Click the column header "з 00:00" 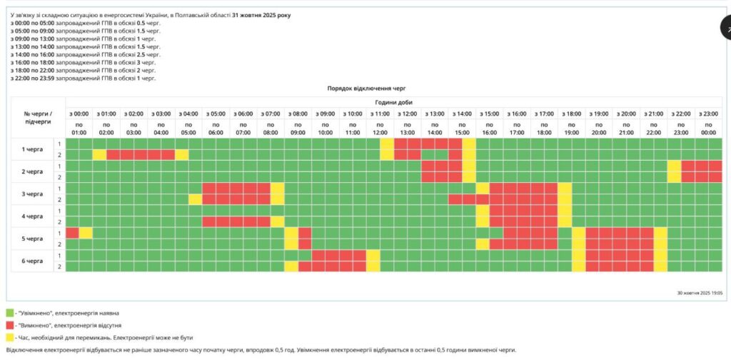[79, 114]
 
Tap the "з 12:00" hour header [407, 114]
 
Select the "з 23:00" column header [708, 114]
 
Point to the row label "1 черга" [34, 149]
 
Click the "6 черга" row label [34, 261]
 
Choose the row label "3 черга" [34, 194]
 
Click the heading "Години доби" [393, 102]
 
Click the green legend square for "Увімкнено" [10, 313]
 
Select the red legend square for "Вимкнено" [10, 325]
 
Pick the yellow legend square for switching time [10, 337]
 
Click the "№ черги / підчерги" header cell [37, 118]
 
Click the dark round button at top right [725, 29]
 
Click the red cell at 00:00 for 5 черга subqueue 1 [72, 233]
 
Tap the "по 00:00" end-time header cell [708, 128]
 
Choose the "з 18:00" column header [571, 114]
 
